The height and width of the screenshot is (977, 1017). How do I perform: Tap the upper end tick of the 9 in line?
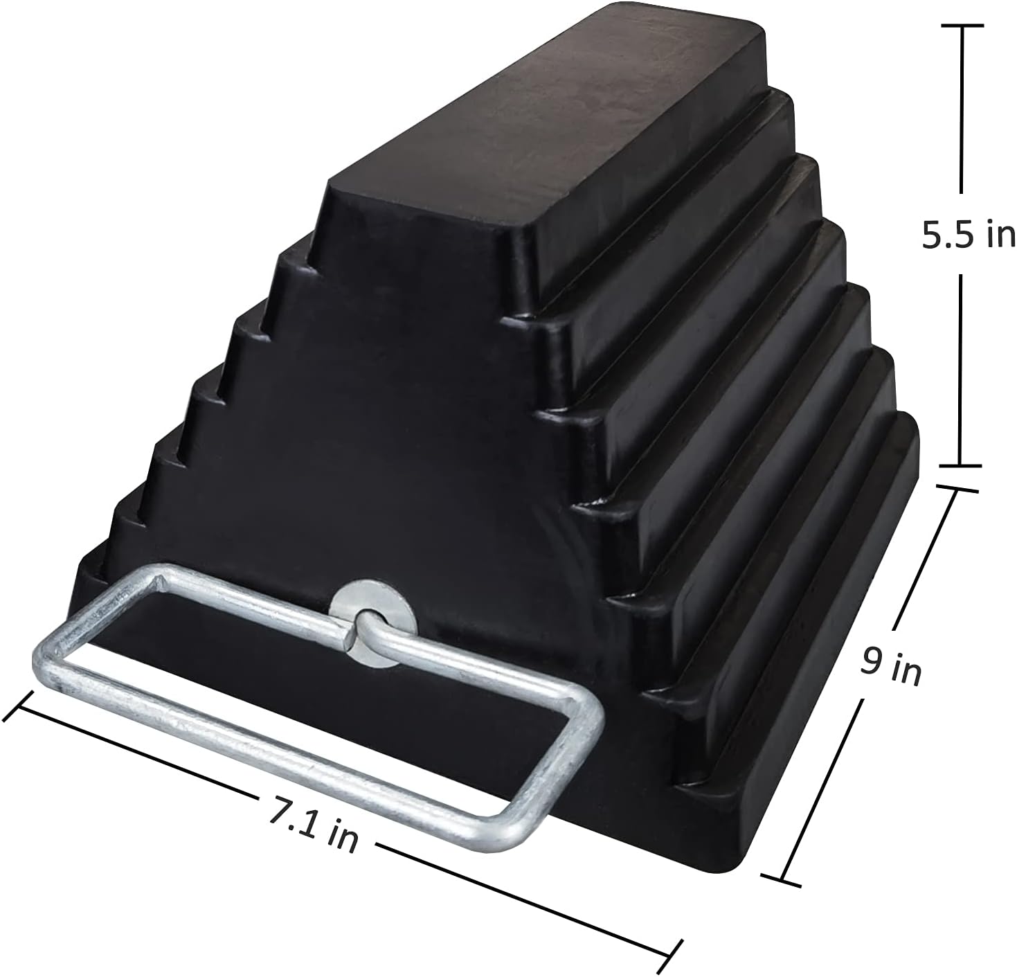957,488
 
